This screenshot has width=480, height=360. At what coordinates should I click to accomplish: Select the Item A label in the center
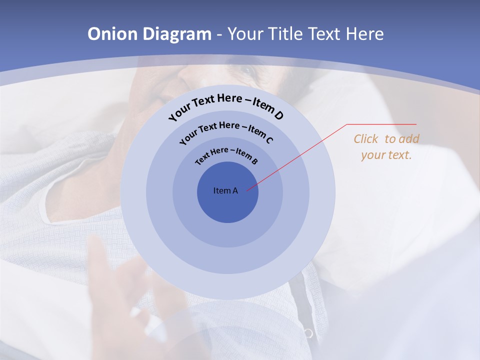click(x=225, y=190)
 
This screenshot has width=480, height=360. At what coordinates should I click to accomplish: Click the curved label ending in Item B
click(x=226, y=155)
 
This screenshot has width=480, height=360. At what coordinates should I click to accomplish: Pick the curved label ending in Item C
click(x=226, y=131)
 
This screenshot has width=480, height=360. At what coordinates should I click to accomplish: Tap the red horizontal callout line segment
click(x=381, y=124)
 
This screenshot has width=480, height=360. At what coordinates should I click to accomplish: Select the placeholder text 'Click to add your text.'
click(x=386, y=147)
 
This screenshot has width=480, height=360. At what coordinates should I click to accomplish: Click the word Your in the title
click(x=247, y=34)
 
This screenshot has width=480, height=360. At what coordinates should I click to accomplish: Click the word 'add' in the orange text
click(x=409, y=139)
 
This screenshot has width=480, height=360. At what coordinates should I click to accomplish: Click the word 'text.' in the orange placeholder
click(x=399, y=155)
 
